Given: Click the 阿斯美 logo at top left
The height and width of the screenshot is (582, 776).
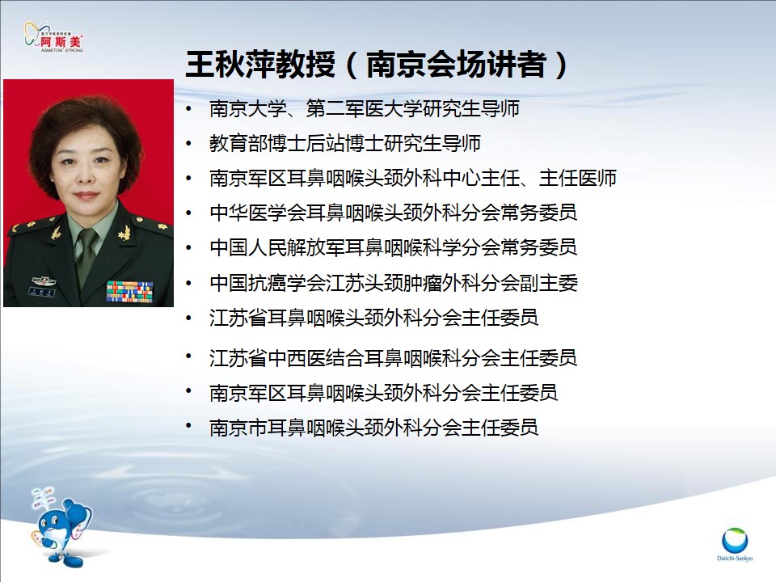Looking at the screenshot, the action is click(54, 36).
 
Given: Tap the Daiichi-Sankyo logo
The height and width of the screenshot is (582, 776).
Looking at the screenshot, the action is click(735, 544).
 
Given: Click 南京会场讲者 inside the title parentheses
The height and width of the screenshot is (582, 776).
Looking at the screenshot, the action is click(456, 64).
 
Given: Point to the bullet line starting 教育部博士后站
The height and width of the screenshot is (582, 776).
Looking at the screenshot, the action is click(345, 144).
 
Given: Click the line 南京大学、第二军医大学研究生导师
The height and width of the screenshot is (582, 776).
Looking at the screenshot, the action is click(365, 108).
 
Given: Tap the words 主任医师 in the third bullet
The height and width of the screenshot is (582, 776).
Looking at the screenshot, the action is click(577, 178).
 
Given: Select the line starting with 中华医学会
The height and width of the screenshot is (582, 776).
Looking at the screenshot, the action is click(394, 213).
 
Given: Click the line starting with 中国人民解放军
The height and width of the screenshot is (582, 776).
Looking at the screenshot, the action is click(394, 247).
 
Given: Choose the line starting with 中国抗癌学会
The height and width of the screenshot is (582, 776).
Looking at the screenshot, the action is click(394, 283).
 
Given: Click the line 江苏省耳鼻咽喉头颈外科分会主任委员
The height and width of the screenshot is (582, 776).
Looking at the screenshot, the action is click(373, 318).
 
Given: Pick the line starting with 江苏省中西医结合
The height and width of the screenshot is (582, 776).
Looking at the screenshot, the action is click(394, 358).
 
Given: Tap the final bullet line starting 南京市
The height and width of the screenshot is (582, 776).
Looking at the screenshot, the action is click(373, 428).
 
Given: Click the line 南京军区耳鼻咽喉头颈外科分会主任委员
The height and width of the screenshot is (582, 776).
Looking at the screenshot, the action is click(383, 393).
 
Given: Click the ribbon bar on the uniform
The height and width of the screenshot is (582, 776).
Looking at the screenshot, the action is click(129, 291).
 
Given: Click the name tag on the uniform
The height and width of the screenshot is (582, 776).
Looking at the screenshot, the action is click(41, 292).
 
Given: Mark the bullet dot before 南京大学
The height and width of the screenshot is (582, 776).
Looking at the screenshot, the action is click(188, 108).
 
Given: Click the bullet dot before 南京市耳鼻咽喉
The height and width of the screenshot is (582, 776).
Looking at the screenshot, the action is click(188, 426).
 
